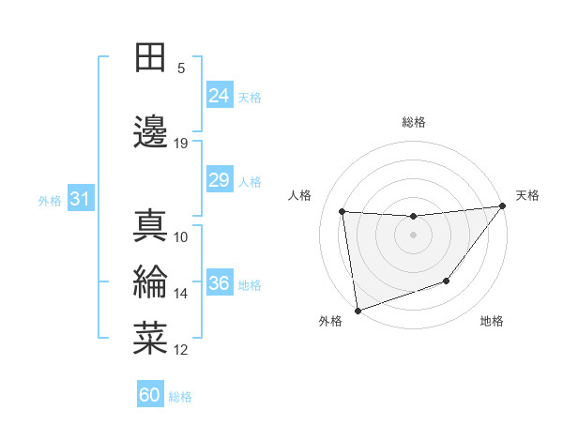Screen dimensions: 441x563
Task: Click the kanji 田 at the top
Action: click(150, 58)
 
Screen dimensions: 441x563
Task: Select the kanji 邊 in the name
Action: click(150, 132)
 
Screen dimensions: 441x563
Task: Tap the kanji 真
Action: click(150, 225)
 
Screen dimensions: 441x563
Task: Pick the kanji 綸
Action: click(150, 282)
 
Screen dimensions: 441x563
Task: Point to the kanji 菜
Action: click(150, 339)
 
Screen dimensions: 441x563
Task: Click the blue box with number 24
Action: click(220, 96)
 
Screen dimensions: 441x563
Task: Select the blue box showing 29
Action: click(220, 180)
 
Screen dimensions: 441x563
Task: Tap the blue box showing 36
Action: click(220, 283)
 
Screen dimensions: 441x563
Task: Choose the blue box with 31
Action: click(80, 199)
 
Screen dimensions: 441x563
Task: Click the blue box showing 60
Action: click(150, 395)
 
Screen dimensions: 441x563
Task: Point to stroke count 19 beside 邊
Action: click(181, 144)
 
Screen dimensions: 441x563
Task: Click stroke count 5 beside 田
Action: click(181, 68)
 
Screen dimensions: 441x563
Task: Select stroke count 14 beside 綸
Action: click(181, 294)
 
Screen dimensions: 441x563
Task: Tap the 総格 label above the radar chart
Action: click(414, 122)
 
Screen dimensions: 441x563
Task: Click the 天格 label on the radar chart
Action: click(527, 195)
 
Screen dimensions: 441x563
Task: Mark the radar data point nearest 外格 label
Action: click(357, 310)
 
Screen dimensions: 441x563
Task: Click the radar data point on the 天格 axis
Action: click(504, 205)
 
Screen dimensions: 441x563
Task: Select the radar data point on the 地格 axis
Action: click(448, 281)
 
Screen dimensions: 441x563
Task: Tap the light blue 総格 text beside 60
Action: click(181, 397)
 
